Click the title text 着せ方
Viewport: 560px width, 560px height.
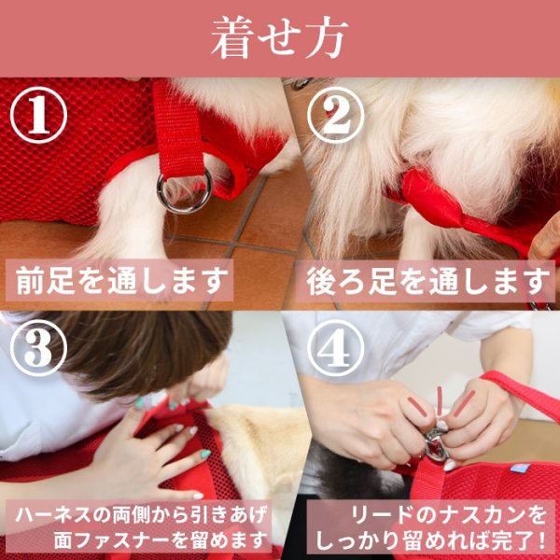(279, 37)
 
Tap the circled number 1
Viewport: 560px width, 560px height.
(38, 115)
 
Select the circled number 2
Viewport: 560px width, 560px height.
(336, 115)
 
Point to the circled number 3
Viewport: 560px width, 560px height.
(38, 348)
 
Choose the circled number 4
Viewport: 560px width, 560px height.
(336, 348)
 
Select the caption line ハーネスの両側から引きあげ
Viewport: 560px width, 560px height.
(141, 514)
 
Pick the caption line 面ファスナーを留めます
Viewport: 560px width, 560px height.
(161, 539)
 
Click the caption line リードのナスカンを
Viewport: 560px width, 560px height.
(449, 514)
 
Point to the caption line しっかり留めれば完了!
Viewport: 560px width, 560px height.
(430, 540)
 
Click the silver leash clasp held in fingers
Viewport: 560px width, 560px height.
(437, 443)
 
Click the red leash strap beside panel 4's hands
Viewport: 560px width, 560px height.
(522, 392)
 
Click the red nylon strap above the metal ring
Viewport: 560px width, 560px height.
(177, 129)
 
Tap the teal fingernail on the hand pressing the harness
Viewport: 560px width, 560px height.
(205, 454)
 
